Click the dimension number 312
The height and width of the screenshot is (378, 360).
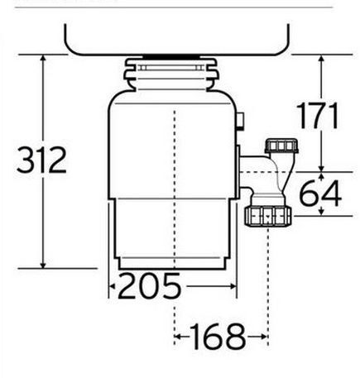point(41,160)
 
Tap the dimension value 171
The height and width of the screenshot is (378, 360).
point(318,116)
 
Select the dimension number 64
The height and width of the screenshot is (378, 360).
point(320,194)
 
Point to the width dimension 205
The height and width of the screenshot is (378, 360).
point(150,286)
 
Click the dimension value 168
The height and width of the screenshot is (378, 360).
point(218,337)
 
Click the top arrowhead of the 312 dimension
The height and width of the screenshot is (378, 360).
point(43,58)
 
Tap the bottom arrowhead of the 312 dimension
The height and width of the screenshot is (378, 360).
point(43,265)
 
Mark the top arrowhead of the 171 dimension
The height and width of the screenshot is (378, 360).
point(321,58)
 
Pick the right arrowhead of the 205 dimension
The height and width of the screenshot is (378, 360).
point(233,286)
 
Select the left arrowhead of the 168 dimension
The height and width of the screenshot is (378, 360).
point(177,337)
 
